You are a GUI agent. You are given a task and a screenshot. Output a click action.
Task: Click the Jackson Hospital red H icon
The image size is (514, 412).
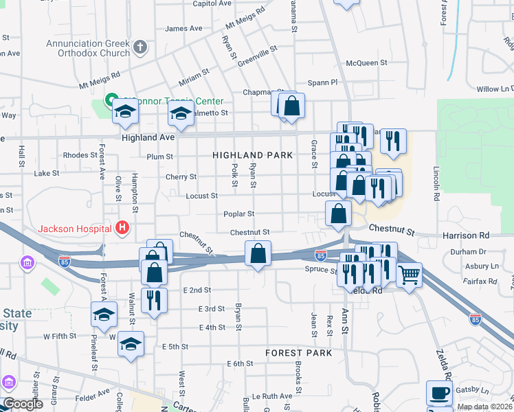(x=122, y=228)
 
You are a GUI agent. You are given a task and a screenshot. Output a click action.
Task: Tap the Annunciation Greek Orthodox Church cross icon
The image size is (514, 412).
(x=140, y=47)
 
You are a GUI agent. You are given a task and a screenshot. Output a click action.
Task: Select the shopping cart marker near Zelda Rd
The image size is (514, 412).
(x=409, y=275)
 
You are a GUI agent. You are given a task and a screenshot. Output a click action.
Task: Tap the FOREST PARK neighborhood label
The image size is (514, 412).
(x=299, y=353)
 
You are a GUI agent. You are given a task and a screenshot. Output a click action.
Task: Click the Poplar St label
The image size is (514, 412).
(x=238, y=214)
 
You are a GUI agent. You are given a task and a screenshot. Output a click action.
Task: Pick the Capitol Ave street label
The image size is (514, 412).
(x=212, y=3)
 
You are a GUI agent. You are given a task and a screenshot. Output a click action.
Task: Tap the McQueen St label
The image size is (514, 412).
(x=367, y=63)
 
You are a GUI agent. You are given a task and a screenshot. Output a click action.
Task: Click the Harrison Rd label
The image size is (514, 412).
(x=470, y=235)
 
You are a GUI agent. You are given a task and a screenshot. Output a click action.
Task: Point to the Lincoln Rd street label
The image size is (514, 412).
(x=436, y=183)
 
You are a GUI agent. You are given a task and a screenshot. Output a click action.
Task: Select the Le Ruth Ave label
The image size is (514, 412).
(x=272, y=396)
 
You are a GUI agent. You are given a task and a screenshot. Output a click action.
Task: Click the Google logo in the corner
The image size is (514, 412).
(x=23, y=404)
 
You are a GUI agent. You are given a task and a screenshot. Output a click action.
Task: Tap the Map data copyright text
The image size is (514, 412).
(x=484, y=407)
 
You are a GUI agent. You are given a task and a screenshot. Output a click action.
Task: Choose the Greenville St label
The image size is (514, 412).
(x=257, y=50)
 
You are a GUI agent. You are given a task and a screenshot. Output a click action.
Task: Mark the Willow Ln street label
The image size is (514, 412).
(x=495, y=89)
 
